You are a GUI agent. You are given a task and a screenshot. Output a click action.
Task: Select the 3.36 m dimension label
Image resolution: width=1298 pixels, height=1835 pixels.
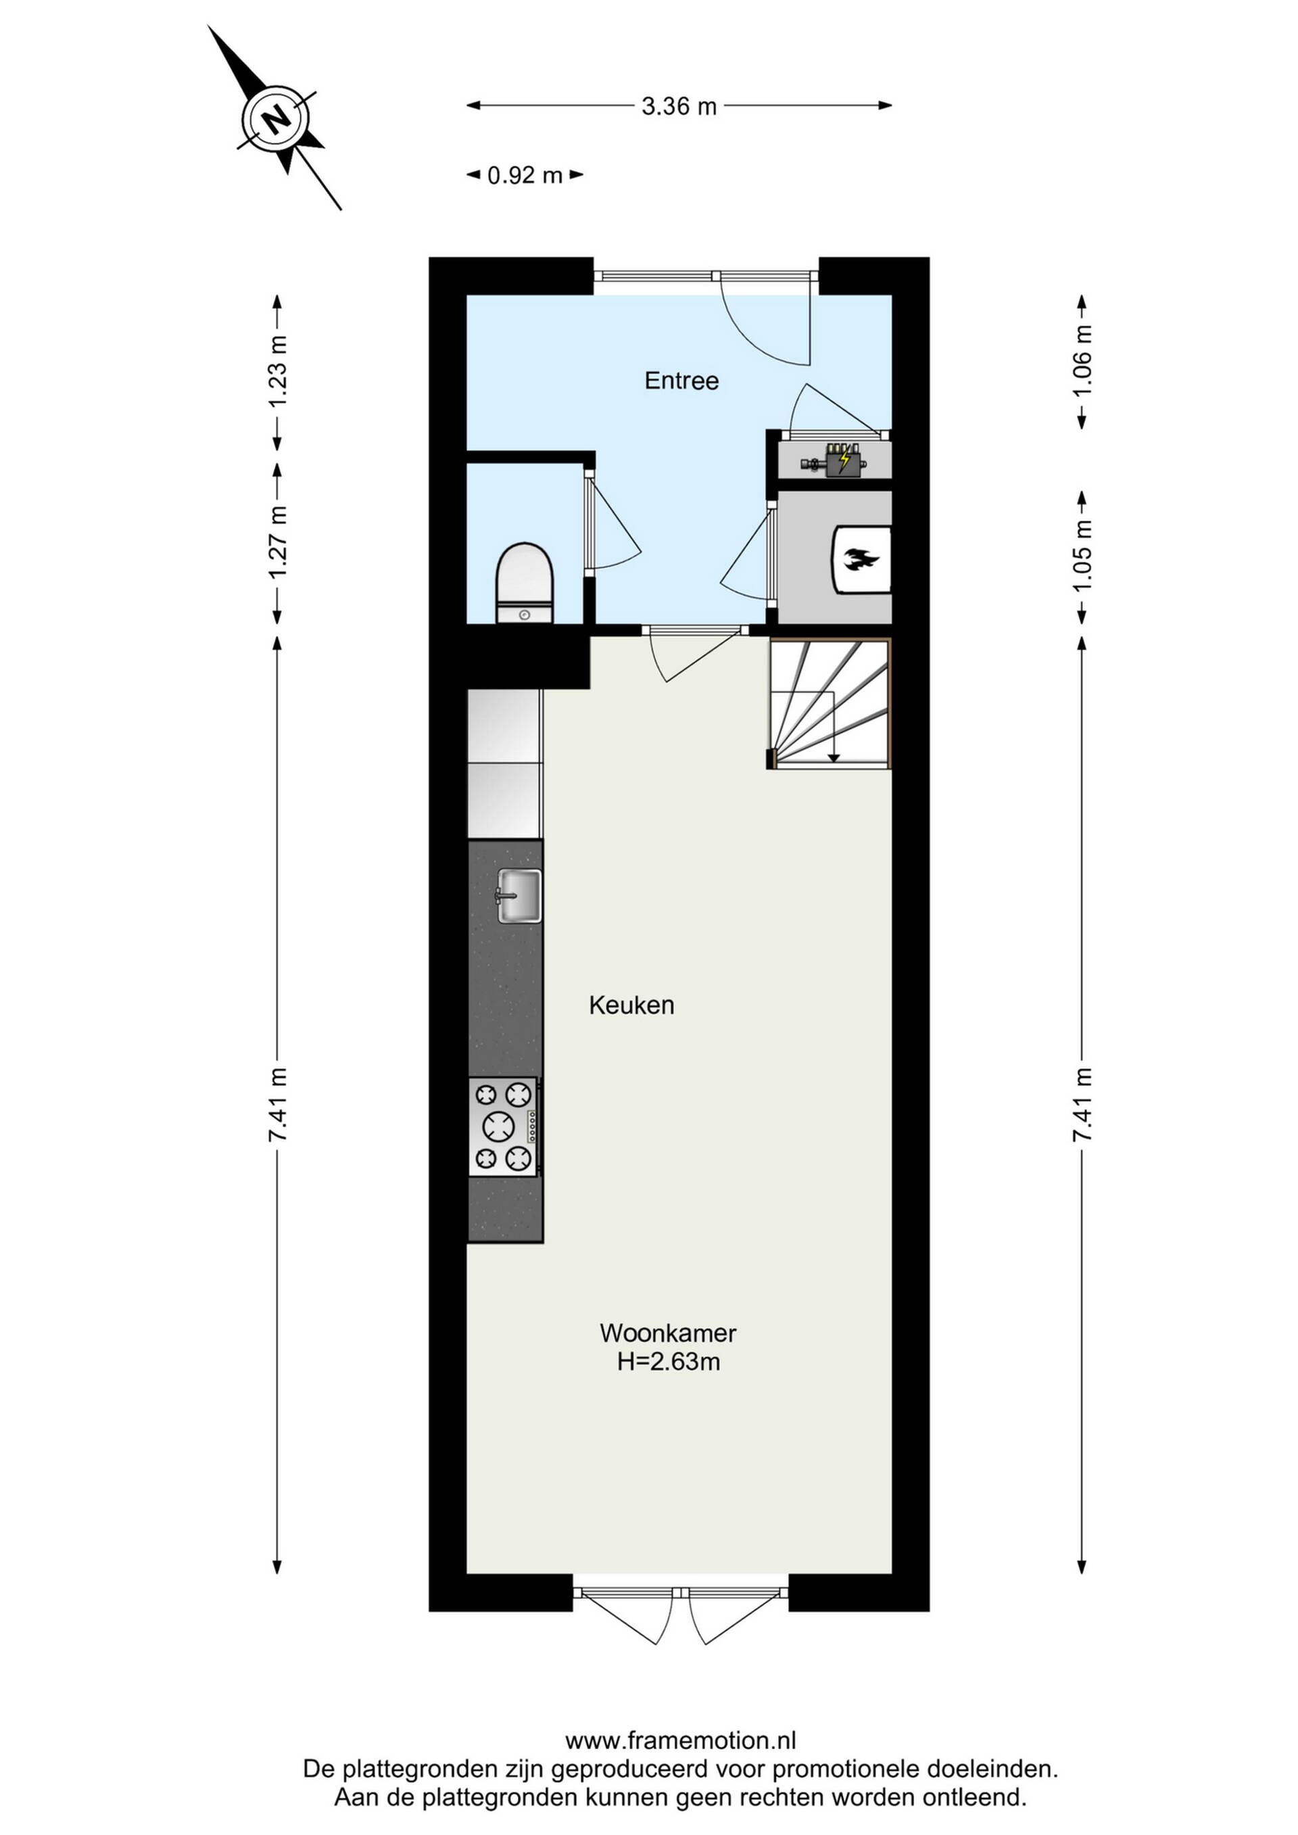[x=679, y=105]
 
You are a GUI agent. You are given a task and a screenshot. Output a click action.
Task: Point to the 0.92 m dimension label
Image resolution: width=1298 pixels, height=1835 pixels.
[x=525, y=175]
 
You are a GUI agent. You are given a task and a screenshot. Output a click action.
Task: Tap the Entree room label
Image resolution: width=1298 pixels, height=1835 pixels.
[x=681, y=381]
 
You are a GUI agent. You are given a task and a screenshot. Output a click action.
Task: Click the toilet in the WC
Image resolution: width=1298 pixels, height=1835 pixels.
[x=525, y=583]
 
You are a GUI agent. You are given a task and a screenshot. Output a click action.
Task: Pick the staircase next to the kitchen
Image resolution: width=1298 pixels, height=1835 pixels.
[x=830, y=703]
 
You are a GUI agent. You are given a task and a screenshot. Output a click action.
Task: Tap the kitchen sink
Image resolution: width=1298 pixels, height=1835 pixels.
[x=519, y=895]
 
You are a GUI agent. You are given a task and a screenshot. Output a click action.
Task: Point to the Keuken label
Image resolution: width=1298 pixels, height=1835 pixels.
[x=631, y=1005]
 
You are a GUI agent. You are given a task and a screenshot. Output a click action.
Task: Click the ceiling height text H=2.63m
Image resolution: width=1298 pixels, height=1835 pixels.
[x=668, y=1361]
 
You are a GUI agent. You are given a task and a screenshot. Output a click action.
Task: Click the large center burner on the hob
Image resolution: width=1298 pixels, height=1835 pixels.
[x=499, y=1127]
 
